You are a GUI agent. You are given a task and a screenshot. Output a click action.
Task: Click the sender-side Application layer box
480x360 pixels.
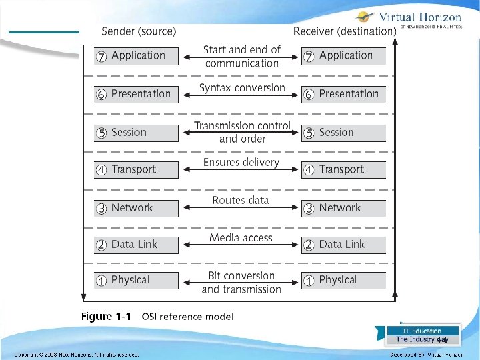pos(137,56)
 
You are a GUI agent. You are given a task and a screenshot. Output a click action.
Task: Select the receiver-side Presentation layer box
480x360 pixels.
pos(343,94)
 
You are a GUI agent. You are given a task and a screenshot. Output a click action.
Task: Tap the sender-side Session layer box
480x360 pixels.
pos(137,133)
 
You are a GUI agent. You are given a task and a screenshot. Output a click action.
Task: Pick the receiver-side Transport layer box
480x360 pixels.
pos(343,170)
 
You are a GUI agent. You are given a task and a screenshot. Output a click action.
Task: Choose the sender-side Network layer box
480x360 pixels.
pos(137,208)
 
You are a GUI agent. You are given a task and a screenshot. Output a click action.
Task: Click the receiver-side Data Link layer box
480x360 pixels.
pos(343,245)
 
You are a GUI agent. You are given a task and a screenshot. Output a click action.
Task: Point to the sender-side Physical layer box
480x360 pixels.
pos(137,280)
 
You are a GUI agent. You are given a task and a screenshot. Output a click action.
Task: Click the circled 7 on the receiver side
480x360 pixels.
pos(309,57)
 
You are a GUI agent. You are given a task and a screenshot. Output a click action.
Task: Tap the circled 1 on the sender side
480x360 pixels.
pos(101,281)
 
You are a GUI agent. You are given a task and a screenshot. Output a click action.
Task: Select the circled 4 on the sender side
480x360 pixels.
pos(101,170)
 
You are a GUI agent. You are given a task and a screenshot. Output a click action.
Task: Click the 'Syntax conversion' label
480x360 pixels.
pos(242,88)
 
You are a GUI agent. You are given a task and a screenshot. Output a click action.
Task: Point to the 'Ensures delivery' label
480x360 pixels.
pos(241,163)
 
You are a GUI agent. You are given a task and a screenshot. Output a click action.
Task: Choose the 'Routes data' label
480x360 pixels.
pos(241,200)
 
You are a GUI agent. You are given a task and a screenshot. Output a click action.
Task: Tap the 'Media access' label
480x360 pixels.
pos(241,237)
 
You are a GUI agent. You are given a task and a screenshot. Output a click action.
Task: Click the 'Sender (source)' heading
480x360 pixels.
pos(139,31)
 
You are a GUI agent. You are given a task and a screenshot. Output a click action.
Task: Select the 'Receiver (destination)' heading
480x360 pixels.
pos(345,31)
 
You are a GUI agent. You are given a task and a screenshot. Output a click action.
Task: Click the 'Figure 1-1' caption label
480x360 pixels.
pos(106,316)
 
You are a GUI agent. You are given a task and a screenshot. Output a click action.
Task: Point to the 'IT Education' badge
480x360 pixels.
pos(423,331)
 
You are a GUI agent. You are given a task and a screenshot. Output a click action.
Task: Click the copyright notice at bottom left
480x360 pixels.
pos(77,355)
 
